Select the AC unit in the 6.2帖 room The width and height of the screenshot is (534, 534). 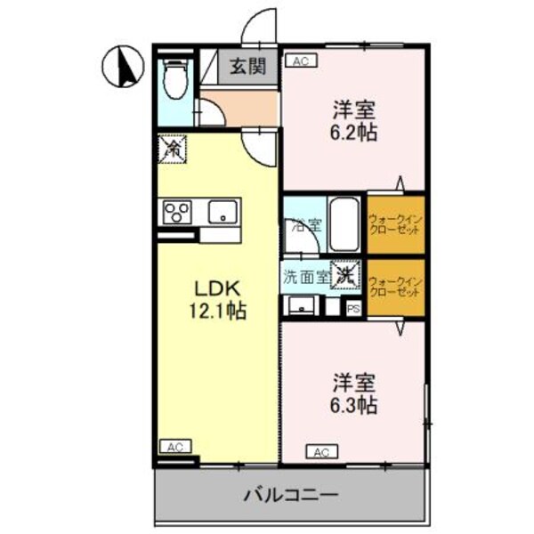300,61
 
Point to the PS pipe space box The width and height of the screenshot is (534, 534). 354,309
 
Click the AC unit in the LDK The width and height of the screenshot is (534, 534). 174,447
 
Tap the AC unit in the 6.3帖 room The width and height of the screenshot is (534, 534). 321,452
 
